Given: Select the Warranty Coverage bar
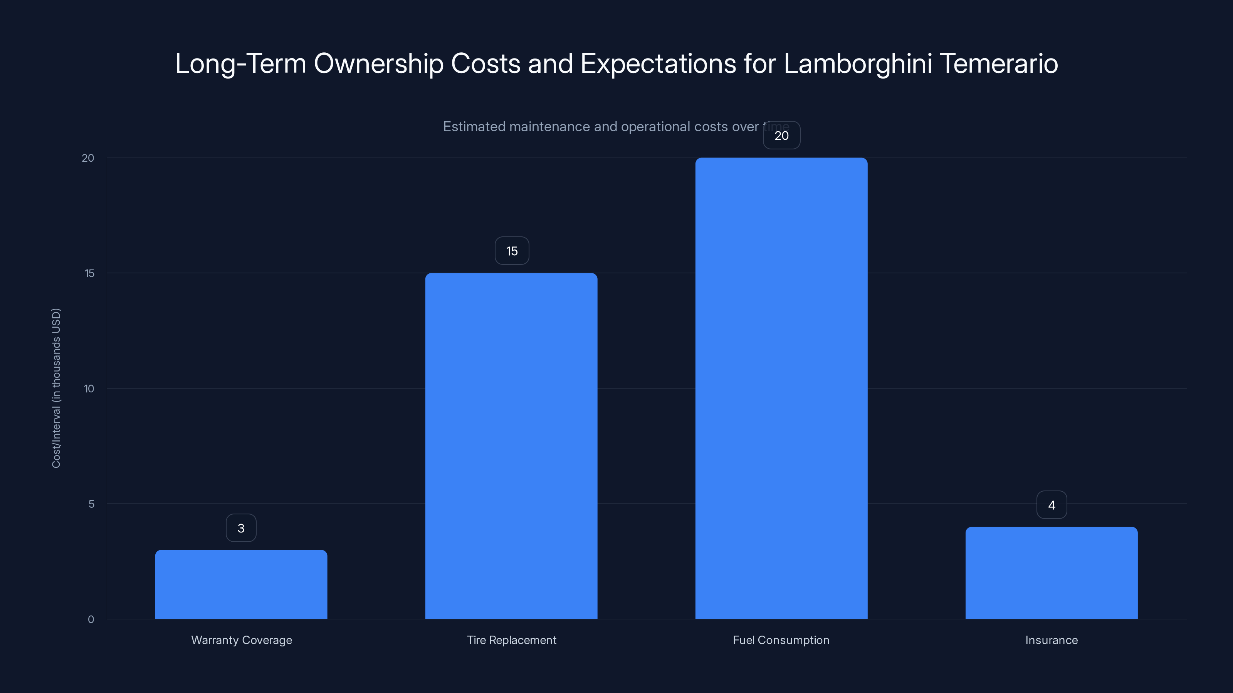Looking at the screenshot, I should tap(241, 584).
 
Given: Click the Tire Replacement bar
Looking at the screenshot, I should tap(511, 446).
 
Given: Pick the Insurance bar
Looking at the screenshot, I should tap(1051, 572).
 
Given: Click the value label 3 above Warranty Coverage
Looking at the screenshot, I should tap(241, 528).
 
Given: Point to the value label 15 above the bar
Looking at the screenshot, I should tap(512, 251).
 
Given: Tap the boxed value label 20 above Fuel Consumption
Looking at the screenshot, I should tap(781, 136).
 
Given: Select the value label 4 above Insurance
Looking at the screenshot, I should tap(1052, 505).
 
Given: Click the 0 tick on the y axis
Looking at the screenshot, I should tap(91, 619).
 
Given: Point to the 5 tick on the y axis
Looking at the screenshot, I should tap(91, 504).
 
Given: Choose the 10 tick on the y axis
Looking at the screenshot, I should tap(89, 389).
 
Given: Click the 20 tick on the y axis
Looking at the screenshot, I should tap(88, 158).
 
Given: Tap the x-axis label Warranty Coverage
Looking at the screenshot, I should tap(241, 640).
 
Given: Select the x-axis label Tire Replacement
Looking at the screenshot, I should tap(511, 640).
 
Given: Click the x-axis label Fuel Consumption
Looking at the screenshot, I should tap(781, 640).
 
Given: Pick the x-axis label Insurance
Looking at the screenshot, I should tap(1051, 640).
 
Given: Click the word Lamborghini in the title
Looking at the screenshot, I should tap(858, 64).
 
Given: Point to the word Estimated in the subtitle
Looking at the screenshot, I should tap(474, 127).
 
